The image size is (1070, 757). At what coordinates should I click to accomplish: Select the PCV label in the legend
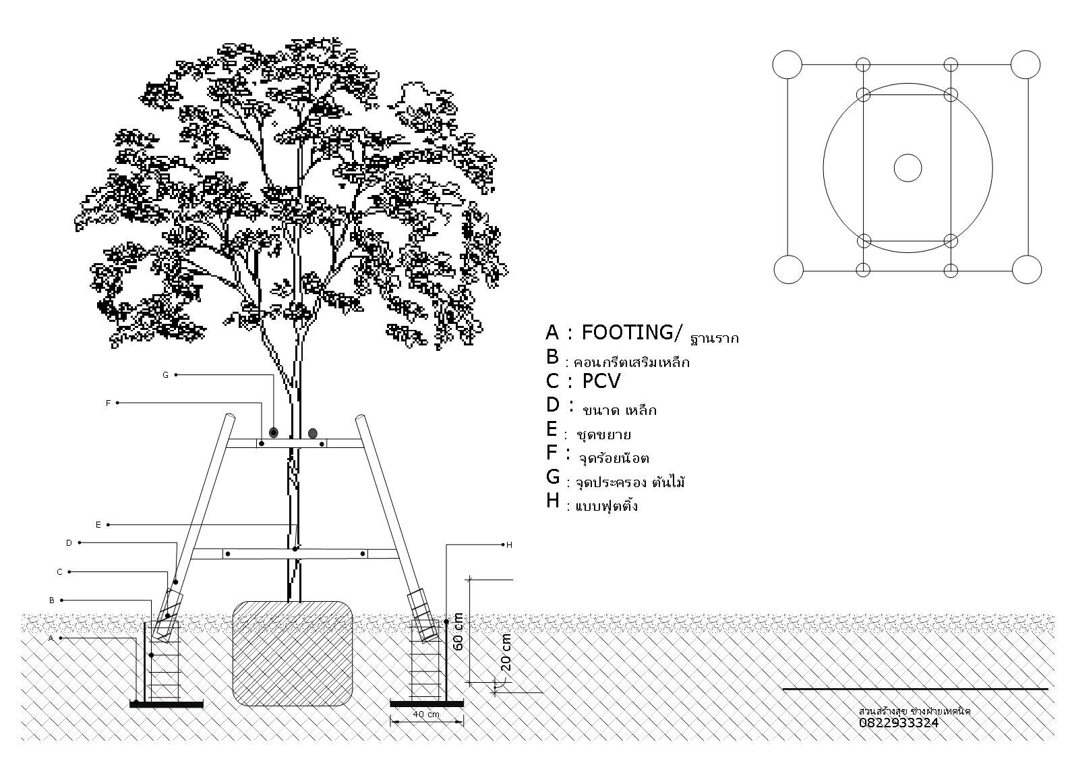(x=601, y=381)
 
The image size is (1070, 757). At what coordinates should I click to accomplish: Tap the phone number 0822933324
(x=898, y=723)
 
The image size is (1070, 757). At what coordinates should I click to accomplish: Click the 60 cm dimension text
(x=458, y=632)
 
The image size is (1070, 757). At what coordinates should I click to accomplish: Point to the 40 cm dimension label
(x=426, y=714)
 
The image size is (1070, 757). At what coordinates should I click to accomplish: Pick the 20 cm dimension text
(x=506, y=652)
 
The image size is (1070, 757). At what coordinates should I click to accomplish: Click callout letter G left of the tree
(x=165, y=375)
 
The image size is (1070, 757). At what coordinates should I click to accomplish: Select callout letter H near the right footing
(x=509, y=544)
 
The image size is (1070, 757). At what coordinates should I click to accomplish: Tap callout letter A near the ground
(x=51, y=638)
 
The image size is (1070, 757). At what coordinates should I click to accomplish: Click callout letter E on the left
(x=98, y=524)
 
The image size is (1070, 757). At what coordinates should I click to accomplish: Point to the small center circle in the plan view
(x=908, y=168)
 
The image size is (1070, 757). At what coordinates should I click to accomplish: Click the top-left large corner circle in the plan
(x=787, y=65)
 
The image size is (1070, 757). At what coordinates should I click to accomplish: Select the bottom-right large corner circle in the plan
(x=1027, y=269)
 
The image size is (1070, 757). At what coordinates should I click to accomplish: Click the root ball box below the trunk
(x=293, y=652)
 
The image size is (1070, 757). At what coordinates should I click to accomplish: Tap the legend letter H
(x=553, y=501)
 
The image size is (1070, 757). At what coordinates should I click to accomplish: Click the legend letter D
(x=553, y=405)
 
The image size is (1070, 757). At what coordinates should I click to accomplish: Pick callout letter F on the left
(x=108, y=403)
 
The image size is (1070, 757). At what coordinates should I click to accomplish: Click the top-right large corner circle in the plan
(x=1026, y=65)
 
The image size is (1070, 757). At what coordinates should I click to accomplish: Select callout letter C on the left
(x=59, y=572)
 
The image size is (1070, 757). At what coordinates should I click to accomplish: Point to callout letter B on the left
(x=52, y=600)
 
